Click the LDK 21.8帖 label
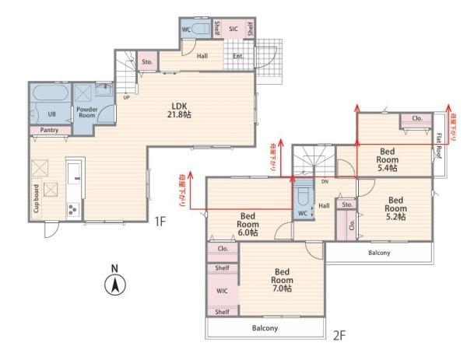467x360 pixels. [x=179, y=110]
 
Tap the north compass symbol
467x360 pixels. [x=115, y=281]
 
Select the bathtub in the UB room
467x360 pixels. [x=50, y=93]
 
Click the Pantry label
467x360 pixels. [x=49, y=130]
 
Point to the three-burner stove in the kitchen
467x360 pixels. [x=73, y=209]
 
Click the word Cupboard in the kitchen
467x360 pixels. [x=37, y=198]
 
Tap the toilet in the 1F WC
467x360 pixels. [x=200, y=29]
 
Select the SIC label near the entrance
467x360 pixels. [x=233, y=29]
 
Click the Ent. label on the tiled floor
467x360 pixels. [x=238, y=56]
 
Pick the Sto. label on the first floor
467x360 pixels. [x=147, y=62]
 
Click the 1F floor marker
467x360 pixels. [x=160, y=222]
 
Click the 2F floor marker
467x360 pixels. [x=339, y=336]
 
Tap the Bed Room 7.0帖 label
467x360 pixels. [x=282, y=280]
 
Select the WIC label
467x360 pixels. [x=222, y=291]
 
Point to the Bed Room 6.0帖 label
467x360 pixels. [x=248, y=224]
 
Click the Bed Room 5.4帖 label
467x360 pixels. [x=387, y=159]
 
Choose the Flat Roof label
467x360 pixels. [x=439, y=146]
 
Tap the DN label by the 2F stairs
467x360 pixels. [x=325, y=181]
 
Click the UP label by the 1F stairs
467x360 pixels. [x=126, y=97]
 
